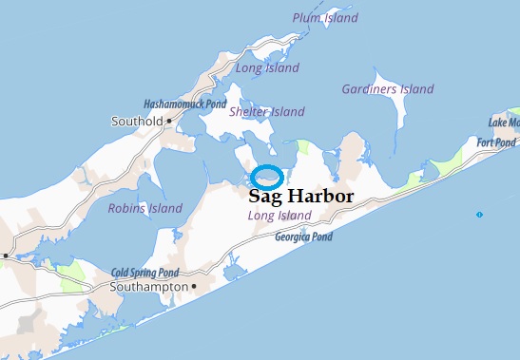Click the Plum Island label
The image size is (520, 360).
(x=326, y=18)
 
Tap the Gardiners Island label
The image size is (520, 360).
(x=388, y=89)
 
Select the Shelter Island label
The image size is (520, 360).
(x=267, y=112)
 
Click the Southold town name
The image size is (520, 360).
(x=136, y=122)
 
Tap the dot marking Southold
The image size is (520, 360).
(x=169, y=122)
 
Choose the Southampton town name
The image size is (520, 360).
(x=147, y=286)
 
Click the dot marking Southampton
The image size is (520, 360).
(x=193, y=285)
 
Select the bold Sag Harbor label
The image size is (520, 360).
(x=300, y=198)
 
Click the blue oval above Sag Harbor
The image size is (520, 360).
(x=267, y=177)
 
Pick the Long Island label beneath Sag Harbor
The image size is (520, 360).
(x=279, y=217)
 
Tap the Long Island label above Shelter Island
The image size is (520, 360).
(x=267, y=68)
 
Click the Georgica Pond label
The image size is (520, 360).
(x=304, y=237)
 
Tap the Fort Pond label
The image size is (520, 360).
(x=496, y=142)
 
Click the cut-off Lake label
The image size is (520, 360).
(x=504, y=123)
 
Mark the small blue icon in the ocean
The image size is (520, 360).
(x=479, y=215)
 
